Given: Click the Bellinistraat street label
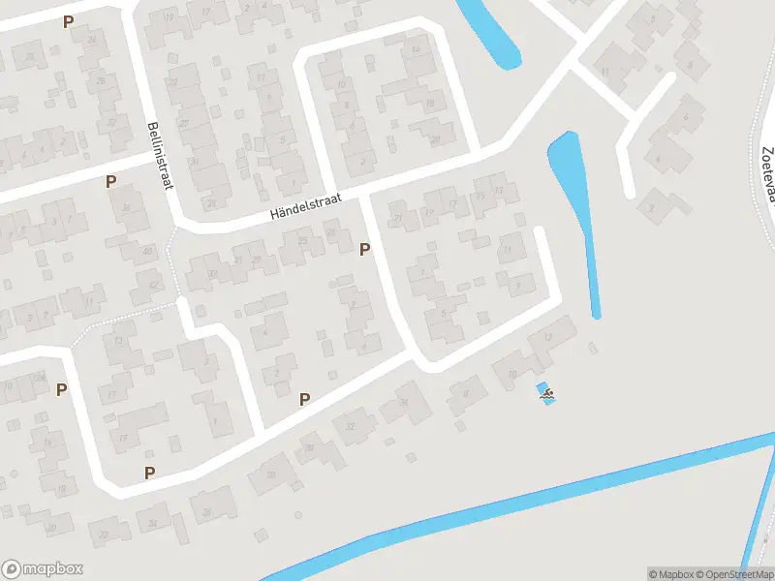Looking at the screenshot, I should pyautogui.click(x=157, y=155).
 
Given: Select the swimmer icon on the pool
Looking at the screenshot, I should pyautogui.click(x=547, y=393).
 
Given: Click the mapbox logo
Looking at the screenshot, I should pyautogui.click(x=43, y=569).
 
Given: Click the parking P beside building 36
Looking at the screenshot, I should pyautogui.click(x=110, y=181).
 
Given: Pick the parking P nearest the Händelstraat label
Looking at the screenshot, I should pyautogui.click(x=364, y=250).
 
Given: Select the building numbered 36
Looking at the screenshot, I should pyautogui.click(x=126, y=207).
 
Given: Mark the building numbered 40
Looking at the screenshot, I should pyautogui.click(x=147, y=252).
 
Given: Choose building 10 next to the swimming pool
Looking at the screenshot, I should pyautogui.click(x=512, y=373).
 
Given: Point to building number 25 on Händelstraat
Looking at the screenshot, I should pyautogui.click(x=303, y=240).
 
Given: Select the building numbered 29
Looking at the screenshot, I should pyautogui.click(x=256, y=260).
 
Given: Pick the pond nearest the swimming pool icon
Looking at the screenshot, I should pyautogui.click(x=577, y=213).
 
